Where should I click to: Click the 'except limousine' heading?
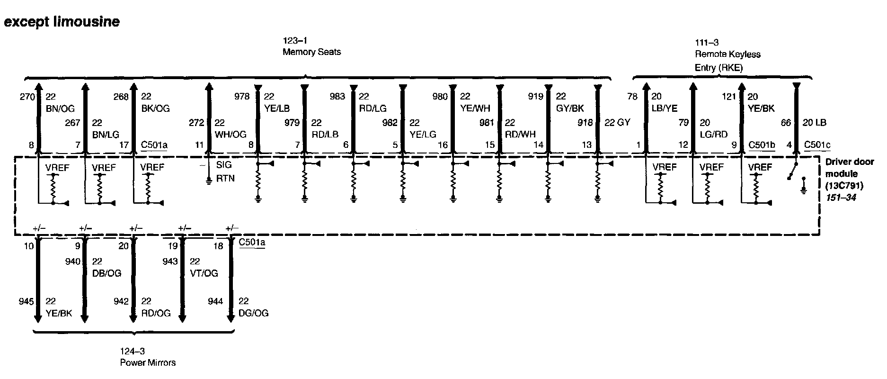tap(62, 22)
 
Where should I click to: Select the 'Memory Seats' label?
tap(311, 52)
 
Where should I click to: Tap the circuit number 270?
tap(27, 97)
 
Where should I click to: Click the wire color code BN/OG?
tap(60, 109)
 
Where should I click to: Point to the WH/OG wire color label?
tap(231, 135)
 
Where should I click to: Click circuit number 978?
tap(242, 97)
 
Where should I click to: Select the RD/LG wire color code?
tap(373, 109)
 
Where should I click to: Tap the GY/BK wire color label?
tap(570, 108)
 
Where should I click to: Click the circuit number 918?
tap(585, 123)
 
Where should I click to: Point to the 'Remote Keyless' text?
tap(727, 54)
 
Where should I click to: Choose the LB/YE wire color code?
tap(665, 108)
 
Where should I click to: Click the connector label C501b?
tap(762, 144)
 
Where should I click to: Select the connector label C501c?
tap(817, 144)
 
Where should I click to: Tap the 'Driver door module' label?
tap(849, 168)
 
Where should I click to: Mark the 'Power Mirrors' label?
tap(148, 362)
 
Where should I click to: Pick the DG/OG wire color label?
tap(253, 313)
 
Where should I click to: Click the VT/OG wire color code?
tap(204, 273)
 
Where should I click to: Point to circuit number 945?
tap(26, 301)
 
